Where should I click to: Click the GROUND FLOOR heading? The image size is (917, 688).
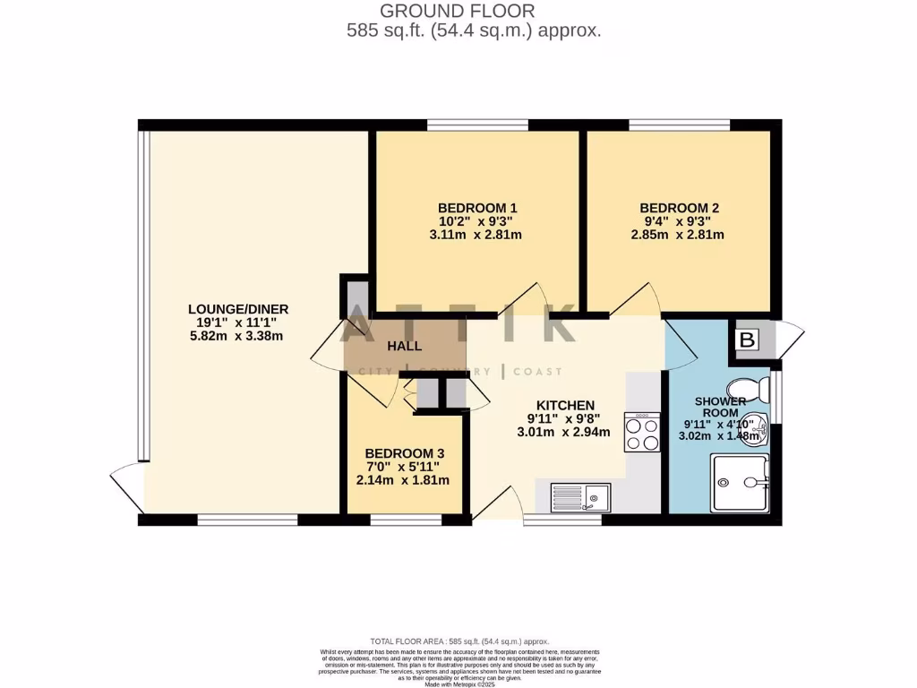click(458, 11)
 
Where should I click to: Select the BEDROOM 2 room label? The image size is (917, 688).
click(679, 208)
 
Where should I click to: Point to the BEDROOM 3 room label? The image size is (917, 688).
click(403, 453)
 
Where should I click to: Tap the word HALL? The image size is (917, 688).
click(404, 346)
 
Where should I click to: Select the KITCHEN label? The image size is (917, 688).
click(565, 404)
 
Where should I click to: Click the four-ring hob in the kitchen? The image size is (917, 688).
click(642, 434)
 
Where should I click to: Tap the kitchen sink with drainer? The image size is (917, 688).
click(580, 497)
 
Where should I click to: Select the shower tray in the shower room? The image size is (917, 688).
click(739, 484)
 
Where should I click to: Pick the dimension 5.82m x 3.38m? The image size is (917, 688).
click(238, 336)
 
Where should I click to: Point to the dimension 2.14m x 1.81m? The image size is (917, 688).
click(403, 480)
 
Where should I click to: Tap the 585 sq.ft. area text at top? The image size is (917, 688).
click(473, 30)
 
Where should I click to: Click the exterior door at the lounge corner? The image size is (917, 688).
click(125, 488)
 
